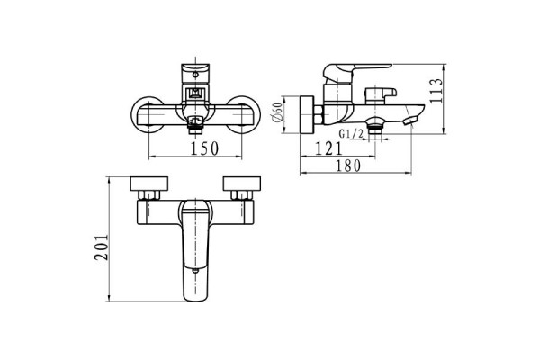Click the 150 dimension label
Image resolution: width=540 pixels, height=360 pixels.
click(x=204, y=148)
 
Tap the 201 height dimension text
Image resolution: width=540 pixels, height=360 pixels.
click(x=102, y=247)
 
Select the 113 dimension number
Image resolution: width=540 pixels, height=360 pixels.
click(x=436, y=91)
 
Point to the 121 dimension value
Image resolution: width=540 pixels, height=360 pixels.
click(x=328, y=148)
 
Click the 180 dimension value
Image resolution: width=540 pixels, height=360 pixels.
click(x=347, y=166)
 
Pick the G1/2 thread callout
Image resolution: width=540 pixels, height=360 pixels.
click(x=351, y=134)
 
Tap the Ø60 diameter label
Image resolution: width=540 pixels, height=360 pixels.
click(x=277, y=112)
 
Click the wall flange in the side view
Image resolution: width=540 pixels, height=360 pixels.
click(x=307, y=114)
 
